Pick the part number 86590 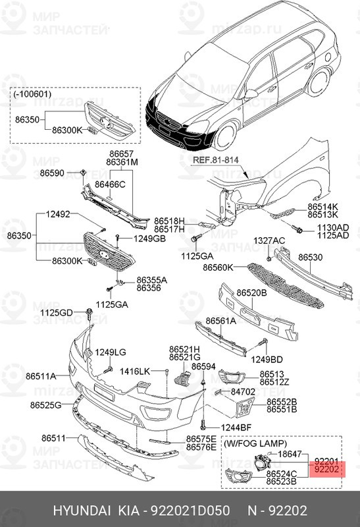pyautogui.click(x=52, y=173)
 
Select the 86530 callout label pyautogui.click(x=311, y=258)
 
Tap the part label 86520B pyautogui.click(x=253, y=292)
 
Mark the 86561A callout pyautogui.click(x=221, y=321)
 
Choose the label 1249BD pyautogui.click(x=267, y=359)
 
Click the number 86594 pyautogui.click(x=203, y=366)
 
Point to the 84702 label pyautogui.click(x=242, y=391)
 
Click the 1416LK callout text pyautogui.click(x=135, y=372)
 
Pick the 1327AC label pyautogui.click(x=270, y=240)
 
